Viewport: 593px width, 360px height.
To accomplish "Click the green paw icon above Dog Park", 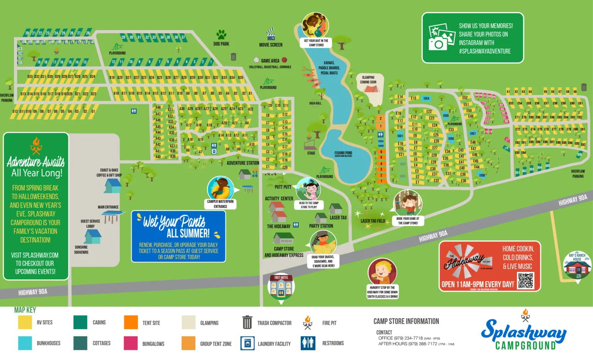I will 221,35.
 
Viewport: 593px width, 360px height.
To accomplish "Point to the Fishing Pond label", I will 343,153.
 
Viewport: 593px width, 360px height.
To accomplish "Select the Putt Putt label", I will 283,187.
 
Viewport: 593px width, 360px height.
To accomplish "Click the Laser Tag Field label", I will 373,221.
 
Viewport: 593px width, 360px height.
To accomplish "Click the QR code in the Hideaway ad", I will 525,281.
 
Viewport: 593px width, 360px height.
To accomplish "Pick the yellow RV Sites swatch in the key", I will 25,323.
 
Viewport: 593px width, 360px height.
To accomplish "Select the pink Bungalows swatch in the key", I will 131,343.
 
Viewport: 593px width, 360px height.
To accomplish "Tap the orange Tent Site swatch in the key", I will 131,323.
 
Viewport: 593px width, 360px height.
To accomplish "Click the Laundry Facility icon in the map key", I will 247,343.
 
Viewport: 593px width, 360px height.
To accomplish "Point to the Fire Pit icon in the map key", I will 308,323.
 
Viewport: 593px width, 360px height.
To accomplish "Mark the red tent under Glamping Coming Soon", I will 371,89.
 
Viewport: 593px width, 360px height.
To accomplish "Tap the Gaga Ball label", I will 315,103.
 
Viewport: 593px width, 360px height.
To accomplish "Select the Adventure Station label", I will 243,163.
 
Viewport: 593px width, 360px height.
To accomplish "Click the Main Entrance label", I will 108,207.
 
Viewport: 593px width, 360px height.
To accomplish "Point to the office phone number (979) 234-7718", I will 408,338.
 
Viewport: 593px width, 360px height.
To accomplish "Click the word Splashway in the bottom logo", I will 523,331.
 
